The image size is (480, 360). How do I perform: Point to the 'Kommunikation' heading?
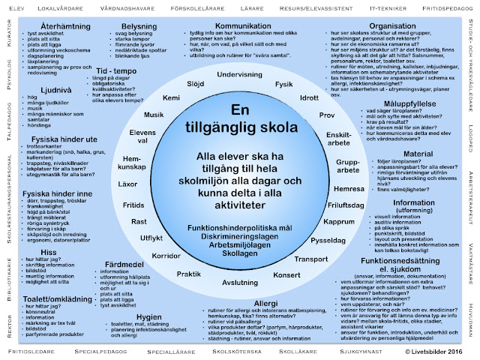point(243,26)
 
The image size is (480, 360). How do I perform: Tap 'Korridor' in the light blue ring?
point(166,255)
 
